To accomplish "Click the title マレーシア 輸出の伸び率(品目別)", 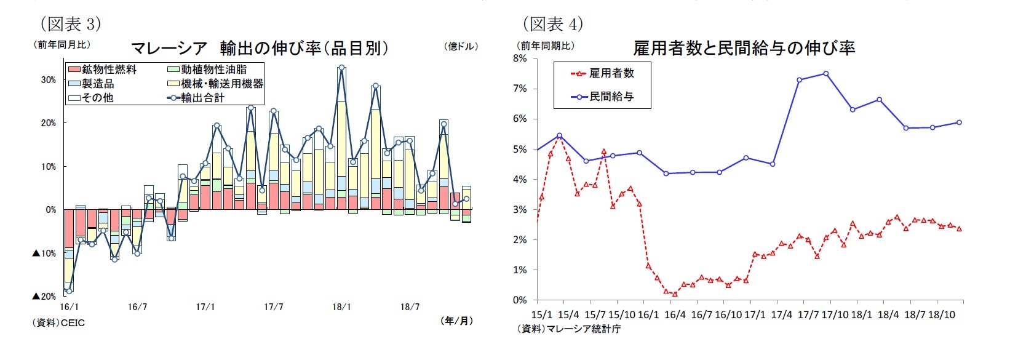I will pyautogui.click(x=260, y=48).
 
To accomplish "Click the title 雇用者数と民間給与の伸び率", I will pyautogui.click(x=744, y=48).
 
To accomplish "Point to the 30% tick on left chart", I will pyautogui.click(x=48, y=80).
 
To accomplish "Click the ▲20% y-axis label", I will pyautogui.click(x=44, y=297).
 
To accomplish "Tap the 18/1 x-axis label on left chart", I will pyautogui.click(x=341, y=307).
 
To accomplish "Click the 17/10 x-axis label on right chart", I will pyautogui.click(x=835, y=314).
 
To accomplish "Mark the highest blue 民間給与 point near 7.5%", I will pyautogui.click(x=825, y=73).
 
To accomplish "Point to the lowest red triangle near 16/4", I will pyautogui.click(x=675, y=294).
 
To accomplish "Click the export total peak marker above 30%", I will pyautogui.click(x=341, y=68).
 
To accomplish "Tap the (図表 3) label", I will pyautogui.click(x=70, y=23).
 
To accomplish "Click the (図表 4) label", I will pyautogui.click(x=552, y=23).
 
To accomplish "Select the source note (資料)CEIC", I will pyautogui.click(x=58, y=322).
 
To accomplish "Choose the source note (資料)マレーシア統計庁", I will pyautogui.click(x=568, y=329).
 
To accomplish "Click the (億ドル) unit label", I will pyautogui.click(x=460, y=47).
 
